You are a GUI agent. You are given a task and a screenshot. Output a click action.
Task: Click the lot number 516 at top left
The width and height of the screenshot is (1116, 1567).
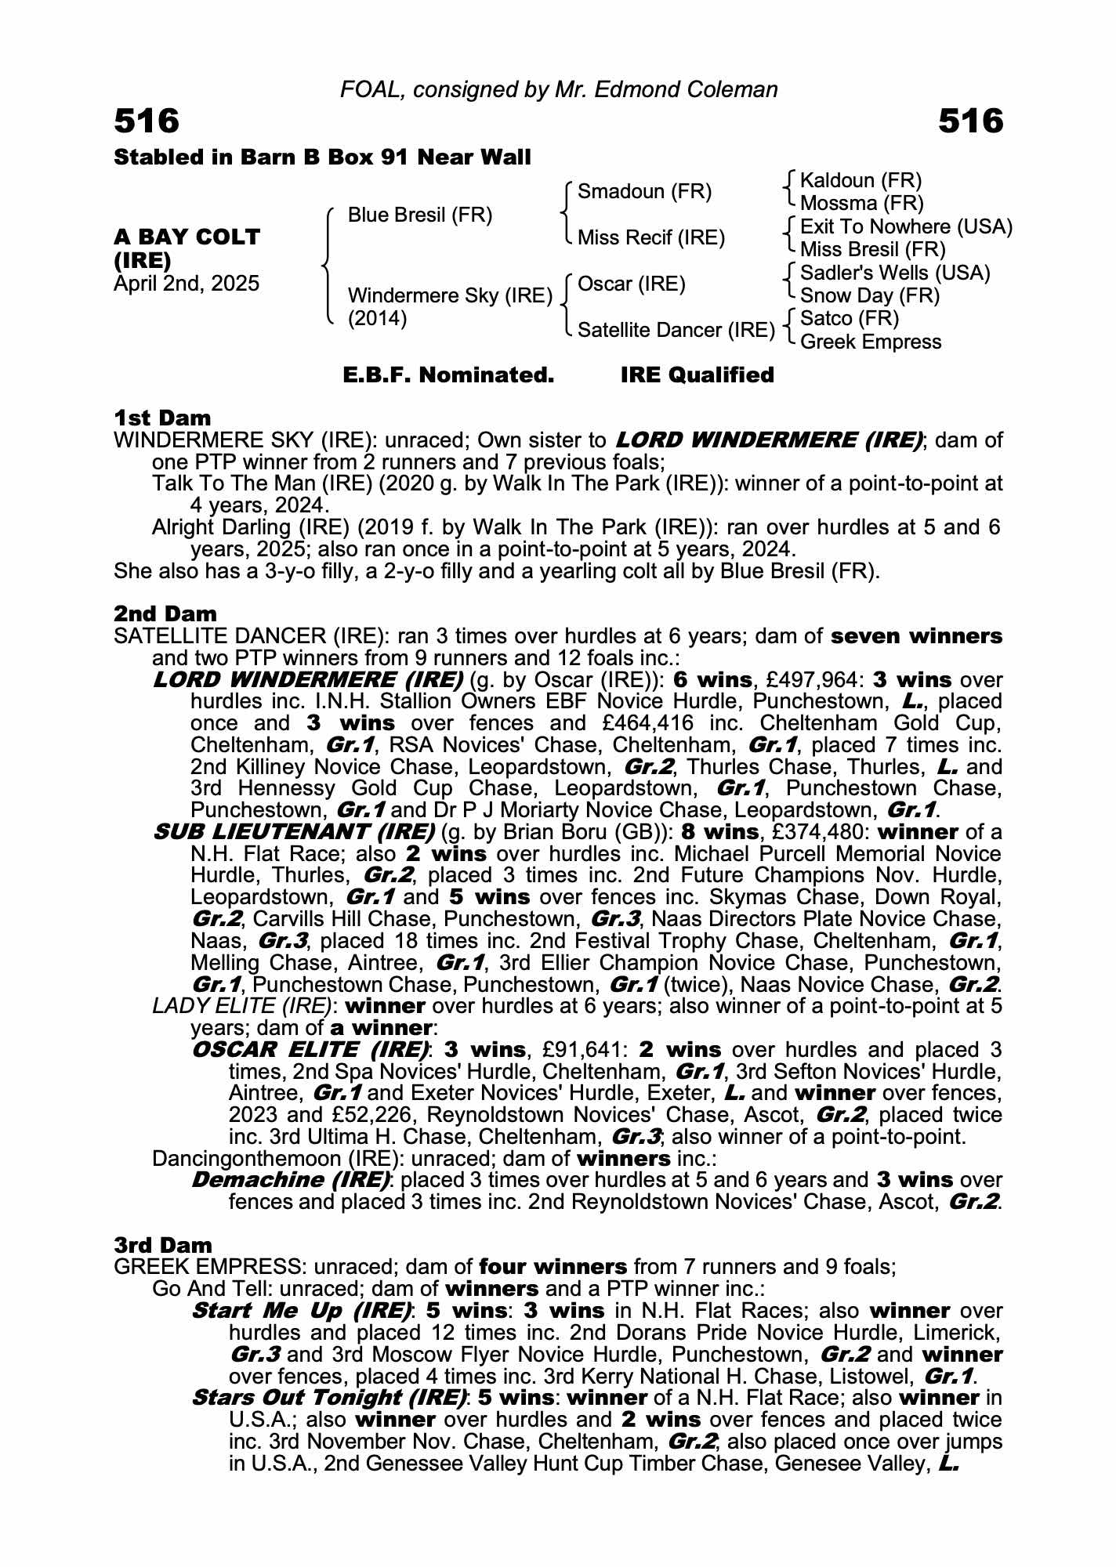point(147,121)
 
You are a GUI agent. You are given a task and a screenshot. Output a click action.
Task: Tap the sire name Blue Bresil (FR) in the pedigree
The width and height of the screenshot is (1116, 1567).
point(419,215)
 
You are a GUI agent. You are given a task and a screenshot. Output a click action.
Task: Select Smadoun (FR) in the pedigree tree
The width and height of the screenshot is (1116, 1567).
point(644,191)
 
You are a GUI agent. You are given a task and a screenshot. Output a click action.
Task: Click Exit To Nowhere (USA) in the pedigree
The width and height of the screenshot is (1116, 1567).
point(906,226)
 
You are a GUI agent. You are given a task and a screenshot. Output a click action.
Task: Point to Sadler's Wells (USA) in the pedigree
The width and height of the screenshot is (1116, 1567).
point(895,273)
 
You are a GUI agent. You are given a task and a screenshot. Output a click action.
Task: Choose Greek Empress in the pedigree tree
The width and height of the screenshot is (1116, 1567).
point(871,342)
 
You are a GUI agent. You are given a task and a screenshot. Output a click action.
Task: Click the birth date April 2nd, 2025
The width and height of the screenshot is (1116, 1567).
point(187,284)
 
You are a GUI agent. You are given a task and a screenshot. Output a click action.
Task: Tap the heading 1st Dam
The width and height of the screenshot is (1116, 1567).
point(162,418)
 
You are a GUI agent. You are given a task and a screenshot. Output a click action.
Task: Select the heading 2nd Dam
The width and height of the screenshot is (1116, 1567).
point(165,613)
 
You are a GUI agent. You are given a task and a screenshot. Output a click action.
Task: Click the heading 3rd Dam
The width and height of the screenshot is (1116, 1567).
point(163,1245)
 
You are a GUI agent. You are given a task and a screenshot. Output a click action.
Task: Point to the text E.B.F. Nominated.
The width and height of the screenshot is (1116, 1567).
point(448,375)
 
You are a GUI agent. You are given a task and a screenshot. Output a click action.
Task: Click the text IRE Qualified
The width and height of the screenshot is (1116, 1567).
point(697,375)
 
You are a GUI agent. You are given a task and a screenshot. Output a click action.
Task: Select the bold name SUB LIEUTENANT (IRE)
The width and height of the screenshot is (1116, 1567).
point(294,831)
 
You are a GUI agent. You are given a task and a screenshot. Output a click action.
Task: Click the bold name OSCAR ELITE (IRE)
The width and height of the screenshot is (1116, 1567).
point(310,1049)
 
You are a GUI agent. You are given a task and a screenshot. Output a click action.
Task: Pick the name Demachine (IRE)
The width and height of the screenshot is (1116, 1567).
point(291,1179)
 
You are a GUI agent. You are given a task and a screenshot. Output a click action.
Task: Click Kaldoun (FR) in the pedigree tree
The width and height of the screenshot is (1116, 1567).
point(861,180)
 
